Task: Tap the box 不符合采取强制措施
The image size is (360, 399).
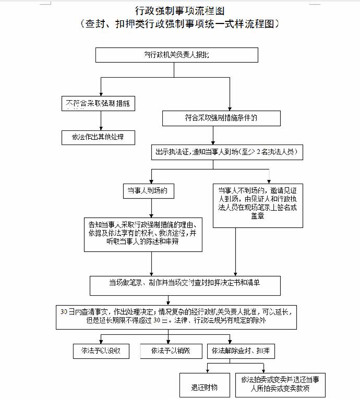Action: click(98, 103)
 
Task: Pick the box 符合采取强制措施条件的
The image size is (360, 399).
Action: click(221, 118)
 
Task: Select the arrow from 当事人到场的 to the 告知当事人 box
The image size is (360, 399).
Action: click(151, 207)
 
